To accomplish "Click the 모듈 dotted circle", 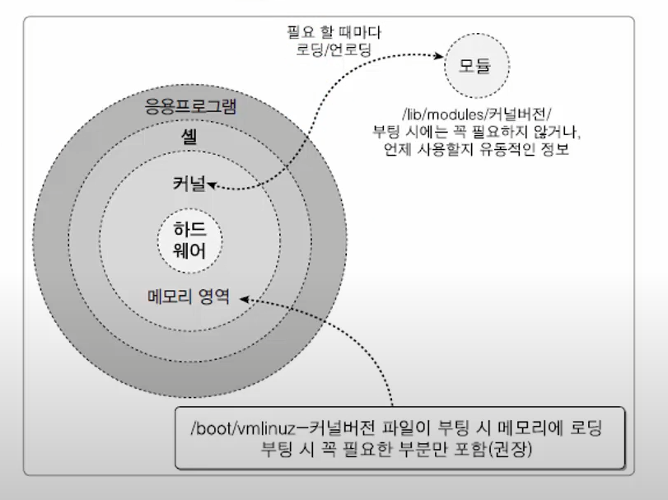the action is coord(474,66).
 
